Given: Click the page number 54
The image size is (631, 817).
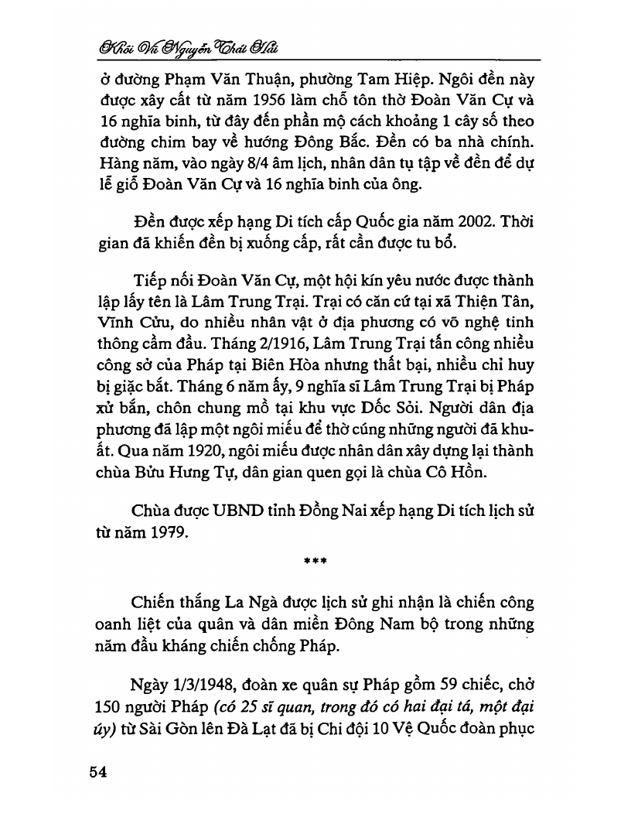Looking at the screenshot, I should (x=100, y=773).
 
